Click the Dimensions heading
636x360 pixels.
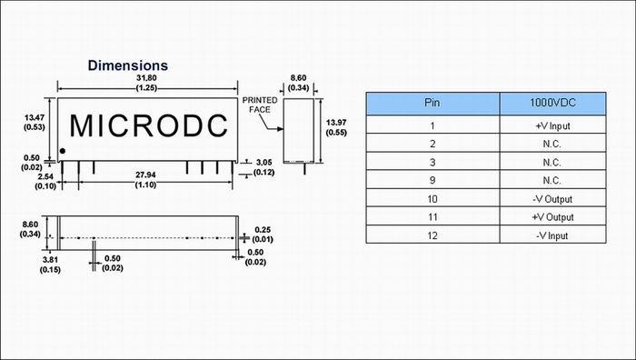coord(128,65)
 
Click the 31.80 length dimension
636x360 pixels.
coord(146,83)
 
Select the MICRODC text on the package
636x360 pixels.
coord(149,125)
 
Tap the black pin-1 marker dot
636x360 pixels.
coord(63,151)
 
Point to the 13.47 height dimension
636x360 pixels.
coord(35,122)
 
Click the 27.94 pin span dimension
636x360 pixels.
coord(145,179)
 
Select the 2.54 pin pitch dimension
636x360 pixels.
coord(45,182)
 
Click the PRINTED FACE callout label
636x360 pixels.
coord(260,105)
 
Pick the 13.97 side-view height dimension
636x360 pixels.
coord(336,127)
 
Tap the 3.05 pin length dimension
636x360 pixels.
coord(264,167)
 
